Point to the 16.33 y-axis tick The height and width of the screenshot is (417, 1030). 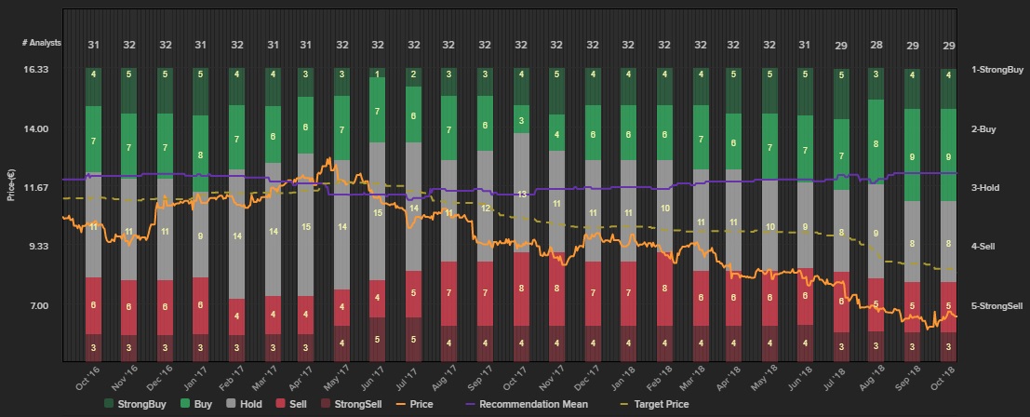coord(35,69)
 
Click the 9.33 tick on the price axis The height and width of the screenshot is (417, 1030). coord(37,247)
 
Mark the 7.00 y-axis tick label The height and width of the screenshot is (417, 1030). coord(37,305)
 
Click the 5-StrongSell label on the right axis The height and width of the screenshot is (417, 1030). coord(997,305)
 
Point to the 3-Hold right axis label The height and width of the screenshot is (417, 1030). coord(984,188)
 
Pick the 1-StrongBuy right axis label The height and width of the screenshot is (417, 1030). coord(997,69)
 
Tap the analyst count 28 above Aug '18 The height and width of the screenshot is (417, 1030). coord(876,44)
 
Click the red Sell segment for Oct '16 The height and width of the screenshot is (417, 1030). coord(93,305)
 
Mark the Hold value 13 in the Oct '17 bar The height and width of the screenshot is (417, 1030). coord(522,194)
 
